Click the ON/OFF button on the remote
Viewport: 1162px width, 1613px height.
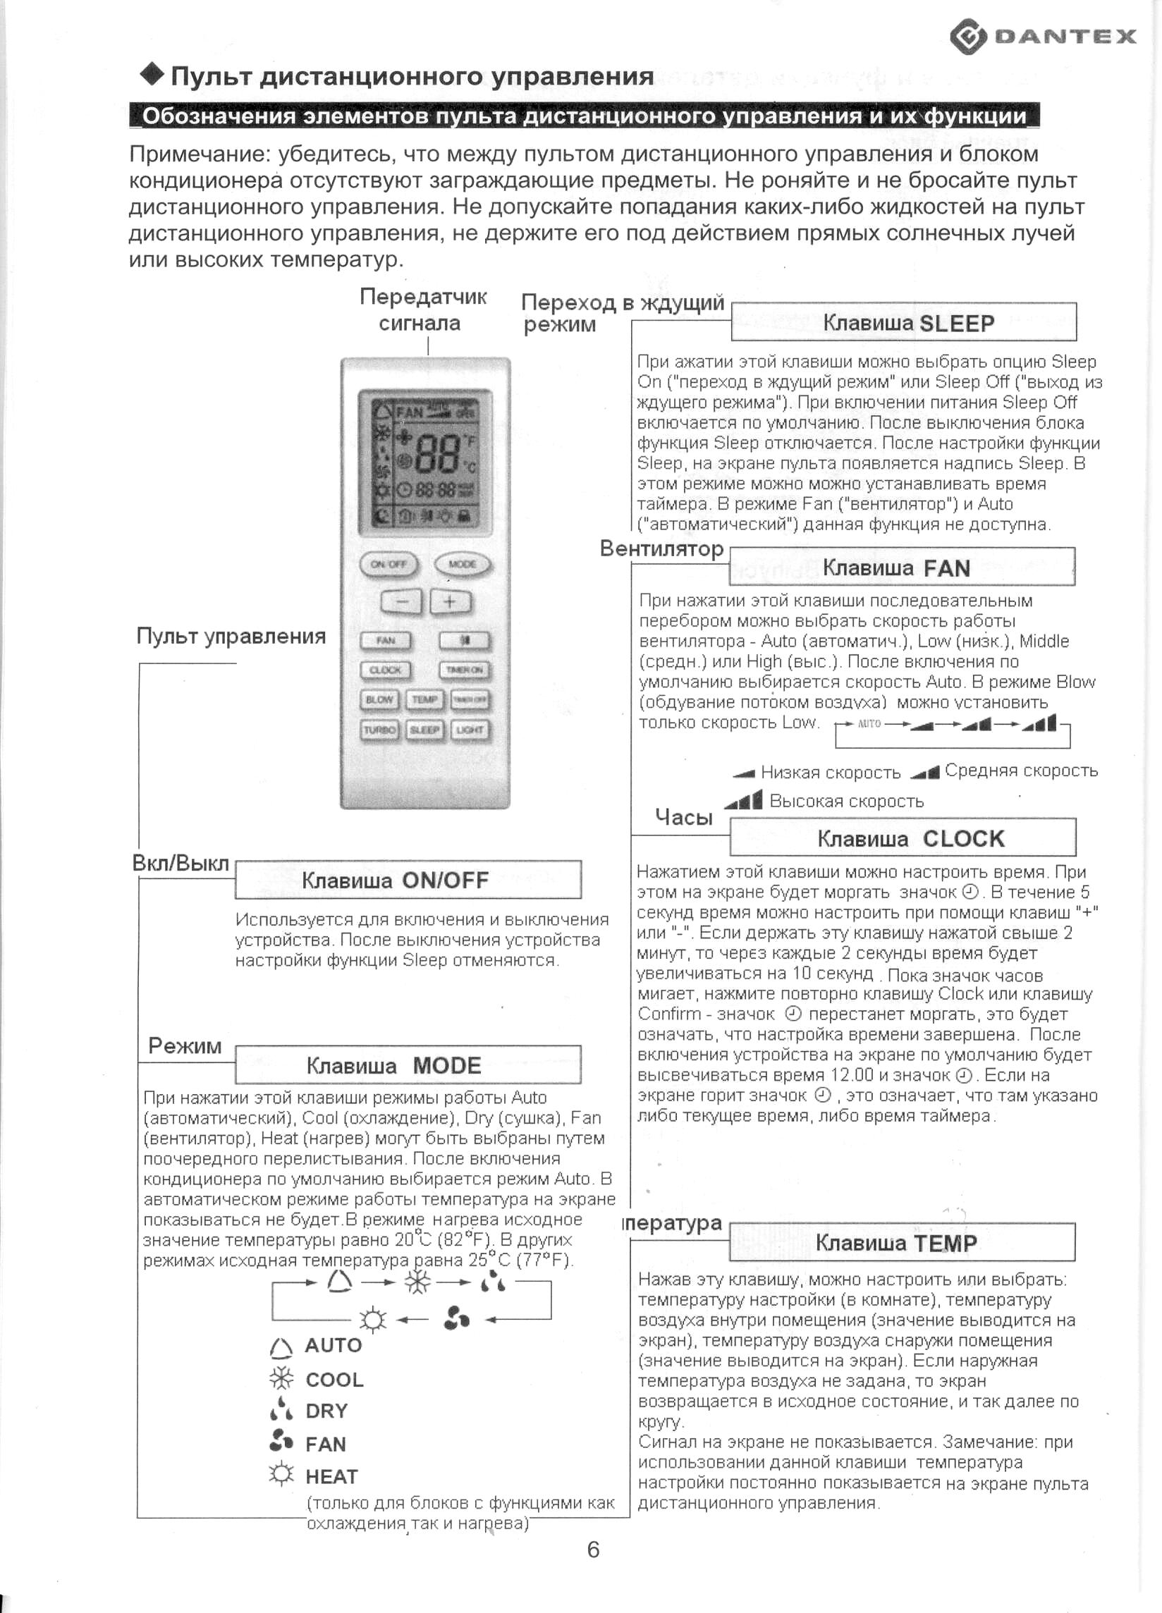(x=389, y=564)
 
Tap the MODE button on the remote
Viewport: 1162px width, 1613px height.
(x=463, y=564)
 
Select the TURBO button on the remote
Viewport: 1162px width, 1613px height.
(x=379, y=730)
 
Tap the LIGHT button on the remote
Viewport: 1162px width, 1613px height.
(x=470, y=730)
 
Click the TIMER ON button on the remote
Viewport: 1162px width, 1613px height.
(x=465, y=670)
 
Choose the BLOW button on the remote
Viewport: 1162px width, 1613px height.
(x=379, y=700)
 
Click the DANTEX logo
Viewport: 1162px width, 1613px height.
(x=1044, y=36)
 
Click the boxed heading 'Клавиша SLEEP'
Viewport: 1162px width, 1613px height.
(x=904, y=323)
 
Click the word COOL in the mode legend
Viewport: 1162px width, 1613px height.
(x=334, y=1380)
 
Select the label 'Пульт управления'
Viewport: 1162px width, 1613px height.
(x=231, y=636)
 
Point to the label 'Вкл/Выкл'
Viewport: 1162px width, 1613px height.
(x=181, y=864)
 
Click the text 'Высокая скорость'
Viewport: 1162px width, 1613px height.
(x=846, y=802)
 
